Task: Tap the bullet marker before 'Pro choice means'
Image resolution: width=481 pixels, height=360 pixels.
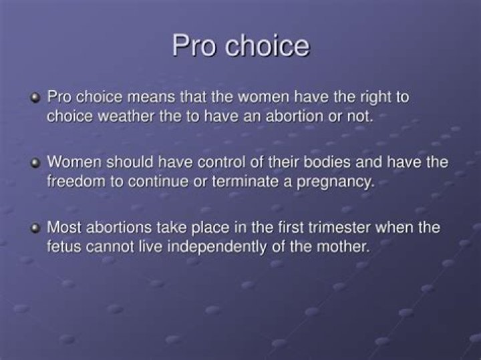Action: point(35,98)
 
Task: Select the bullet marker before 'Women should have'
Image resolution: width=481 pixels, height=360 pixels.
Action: point(35,163)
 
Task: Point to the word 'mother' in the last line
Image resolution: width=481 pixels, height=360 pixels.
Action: point(343,246)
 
